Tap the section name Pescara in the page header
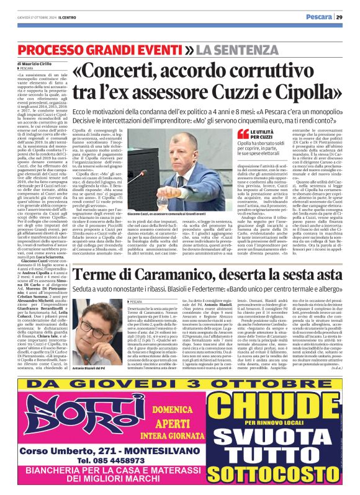click(318, 17)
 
